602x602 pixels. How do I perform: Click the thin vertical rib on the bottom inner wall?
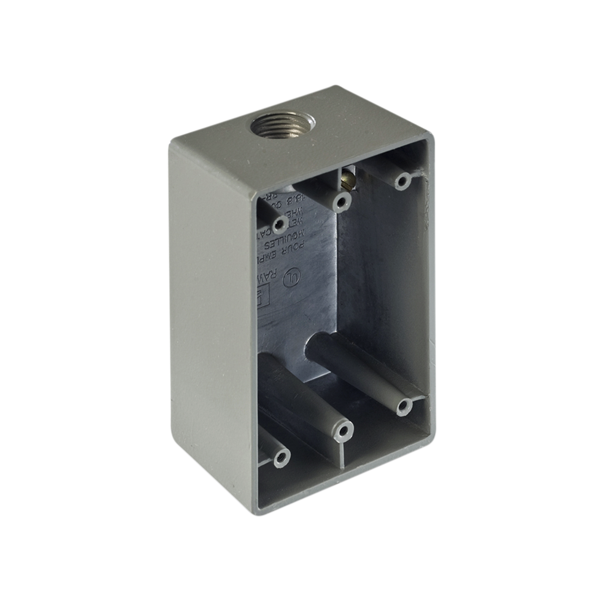pos(343,461)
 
